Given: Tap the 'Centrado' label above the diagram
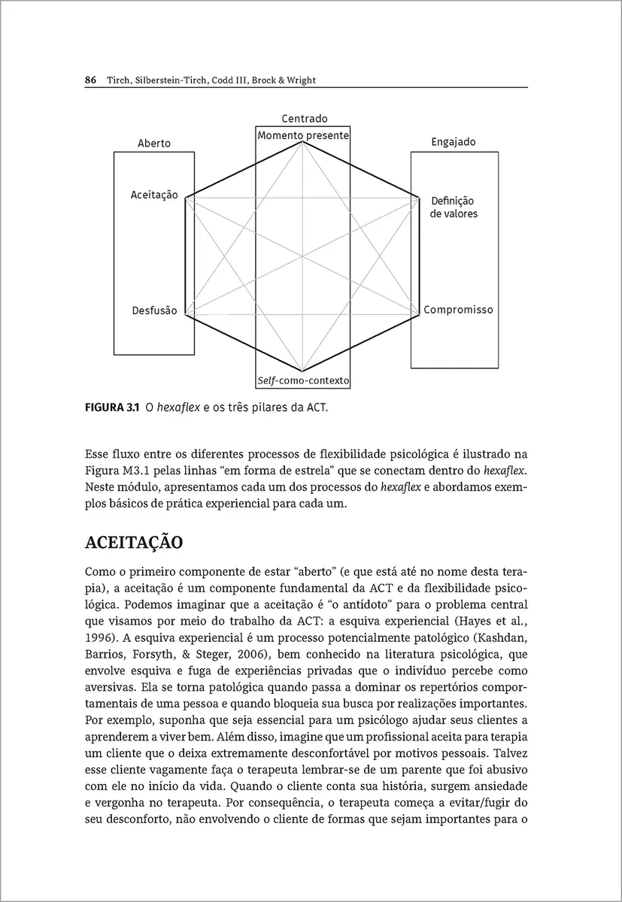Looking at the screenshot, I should click(x=305, y=119).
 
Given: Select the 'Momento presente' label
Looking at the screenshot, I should click(x=303, y=136).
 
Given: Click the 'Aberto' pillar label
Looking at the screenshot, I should click(x=154, y=143).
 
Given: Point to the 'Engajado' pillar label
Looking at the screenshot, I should click(x=453, y=142).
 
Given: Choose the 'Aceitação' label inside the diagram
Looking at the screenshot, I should click(x=154, y=195).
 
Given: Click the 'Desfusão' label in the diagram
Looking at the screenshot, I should click(x=154, y=310).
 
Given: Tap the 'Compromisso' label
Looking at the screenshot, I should click(x=458, y=310).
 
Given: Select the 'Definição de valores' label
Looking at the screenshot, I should click(x=454, y=207).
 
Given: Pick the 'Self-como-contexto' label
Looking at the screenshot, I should click(x=303, y=381).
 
